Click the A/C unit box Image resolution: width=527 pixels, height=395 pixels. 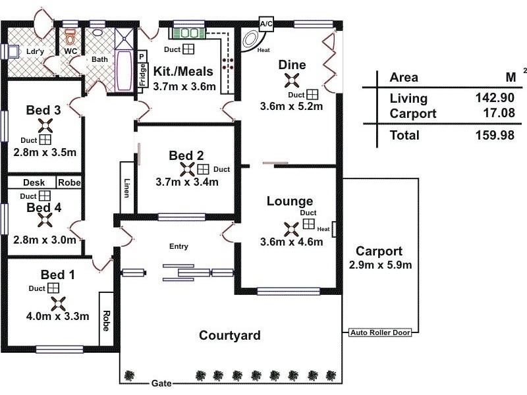point(266,24)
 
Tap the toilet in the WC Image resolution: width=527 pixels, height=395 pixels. point(70,37)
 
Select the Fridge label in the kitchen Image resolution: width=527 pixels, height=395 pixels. point(143,75)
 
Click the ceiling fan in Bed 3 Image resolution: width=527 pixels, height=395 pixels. point(45,126)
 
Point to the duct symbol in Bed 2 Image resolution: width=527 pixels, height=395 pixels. point(203,169)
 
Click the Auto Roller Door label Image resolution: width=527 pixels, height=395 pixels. point(380,332)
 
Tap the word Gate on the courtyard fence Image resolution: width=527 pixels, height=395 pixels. point(161,383)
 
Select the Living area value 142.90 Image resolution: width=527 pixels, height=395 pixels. point(495,97)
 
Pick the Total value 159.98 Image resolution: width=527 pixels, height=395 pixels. point(495,135)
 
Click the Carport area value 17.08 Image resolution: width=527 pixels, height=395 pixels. point(499,113)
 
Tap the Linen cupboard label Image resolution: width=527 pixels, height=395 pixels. point(126,188)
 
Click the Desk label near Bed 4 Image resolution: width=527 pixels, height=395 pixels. point(34,182)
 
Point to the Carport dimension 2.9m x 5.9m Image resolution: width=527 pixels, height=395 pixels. point(380,265)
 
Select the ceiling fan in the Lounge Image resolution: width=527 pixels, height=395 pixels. point(291,229)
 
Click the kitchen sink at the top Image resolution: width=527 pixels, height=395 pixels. point(188,33)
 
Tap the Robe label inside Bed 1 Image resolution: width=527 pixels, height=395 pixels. point(106,321)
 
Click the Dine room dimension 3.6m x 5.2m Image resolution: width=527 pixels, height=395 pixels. point(291,107)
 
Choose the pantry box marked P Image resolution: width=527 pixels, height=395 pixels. point(142,57)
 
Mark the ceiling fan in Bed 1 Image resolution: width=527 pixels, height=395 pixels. point(59,304)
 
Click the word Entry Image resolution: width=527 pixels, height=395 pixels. point(179,246)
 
